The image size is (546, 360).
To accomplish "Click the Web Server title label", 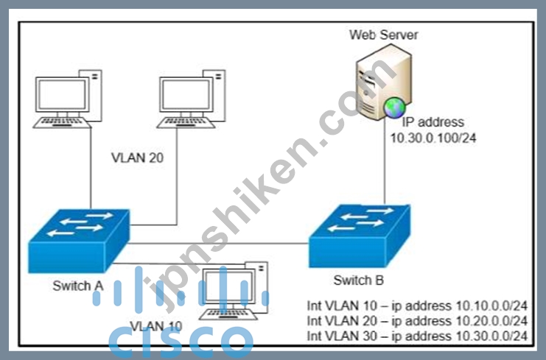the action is coord(383,35).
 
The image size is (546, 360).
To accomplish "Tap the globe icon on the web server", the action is coord(394,107).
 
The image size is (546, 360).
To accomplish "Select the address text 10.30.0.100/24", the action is coord(433,138).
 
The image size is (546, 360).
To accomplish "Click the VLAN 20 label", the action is coord(137,158).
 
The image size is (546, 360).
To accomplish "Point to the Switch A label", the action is coord(78,286).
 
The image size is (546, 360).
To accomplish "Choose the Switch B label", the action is coord(359,280).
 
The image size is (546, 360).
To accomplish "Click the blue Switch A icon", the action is coord(79,241).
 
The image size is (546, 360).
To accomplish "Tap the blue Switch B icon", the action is coord(360,236).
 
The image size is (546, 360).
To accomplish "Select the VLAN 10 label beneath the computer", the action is coord(156,326).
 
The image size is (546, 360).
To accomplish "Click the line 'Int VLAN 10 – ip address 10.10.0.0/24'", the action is coord(417,306).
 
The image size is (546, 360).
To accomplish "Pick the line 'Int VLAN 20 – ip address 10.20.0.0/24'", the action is coord(417,321).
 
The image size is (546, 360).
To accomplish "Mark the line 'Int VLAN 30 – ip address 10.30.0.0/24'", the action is coord(417,336).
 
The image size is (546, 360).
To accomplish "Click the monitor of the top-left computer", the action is coord(63,95).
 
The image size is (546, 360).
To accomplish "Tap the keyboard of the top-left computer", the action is coord(63,123).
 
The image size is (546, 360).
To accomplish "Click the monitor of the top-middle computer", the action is coord(186,95).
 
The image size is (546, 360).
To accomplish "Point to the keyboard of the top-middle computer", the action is coord(186,123).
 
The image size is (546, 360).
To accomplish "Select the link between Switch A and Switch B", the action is coord(218,244).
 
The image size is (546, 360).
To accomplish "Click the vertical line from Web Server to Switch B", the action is coord(385,161).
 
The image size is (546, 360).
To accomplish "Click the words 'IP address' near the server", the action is coord(433,122).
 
